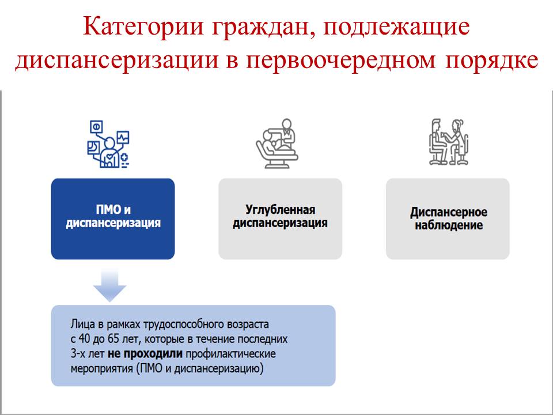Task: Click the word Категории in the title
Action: point(143,26)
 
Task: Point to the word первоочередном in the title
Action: point(340,61)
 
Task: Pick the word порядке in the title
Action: point(491,61)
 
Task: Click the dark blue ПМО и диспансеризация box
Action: point(113,219)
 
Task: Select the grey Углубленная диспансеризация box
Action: point(281,219)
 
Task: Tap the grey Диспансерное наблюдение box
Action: point(448,219)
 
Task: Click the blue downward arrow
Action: point(109,285)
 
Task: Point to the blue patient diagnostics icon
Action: point(108,144)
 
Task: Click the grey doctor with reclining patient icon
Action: point(277,144)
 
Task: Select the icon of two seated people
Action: point(449,142)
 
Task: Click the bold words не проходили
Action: point(145,353)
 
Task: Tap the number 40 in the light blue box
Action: point(84,339)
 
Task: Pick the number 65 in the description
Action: point(113,339)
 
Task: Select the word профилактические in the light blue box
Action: point(230,354)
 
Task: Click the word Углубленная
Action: point(281,210)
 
